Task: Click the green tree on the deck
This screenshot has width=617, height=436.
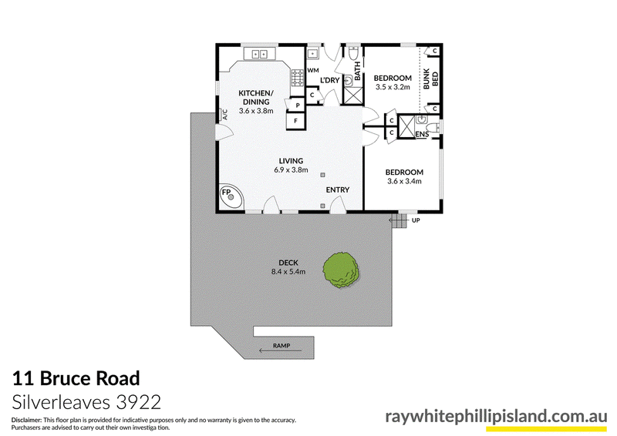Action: [341, 270]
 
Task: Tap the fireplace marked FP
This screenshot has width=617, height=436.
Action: [231, 198]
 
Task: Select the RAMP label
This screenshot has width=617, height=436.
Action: [282, 346]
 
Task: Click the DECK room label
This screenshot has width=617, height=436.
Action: [288, 263]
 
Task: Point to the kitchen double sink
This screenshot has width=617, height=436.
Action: [259, 53]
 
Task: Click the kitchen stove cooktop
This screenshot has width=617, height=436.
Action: [298, 78]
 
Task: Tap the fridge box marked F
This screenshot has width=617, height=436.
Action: [296, 121]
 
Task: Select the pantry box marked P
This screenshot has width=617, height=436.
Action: [298, 105]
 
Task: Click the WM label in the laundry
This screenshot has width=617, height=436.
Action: [313, 70]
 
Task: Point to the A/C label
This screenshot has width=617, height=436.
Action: [225, 115]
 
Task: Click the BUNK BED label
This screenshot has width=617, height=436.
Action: [430, 79]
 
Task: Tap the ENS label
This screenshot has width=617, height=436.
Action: [422, 135]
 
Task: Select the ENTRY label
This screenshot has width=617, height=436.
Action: [338, 190]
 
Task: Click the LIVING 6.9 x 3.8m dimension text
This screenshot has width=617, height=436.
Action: [292, 170]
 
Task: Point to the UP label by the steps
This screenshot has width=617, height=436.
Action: [416, 220]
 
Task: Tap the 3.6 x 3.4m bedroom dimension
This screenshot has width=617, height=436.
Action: [404, 181]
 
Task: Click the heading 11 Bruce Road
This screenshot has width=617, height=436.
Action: [76, 378]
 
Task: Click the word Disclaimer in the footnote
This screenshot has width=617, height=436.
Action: [26, 420]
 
